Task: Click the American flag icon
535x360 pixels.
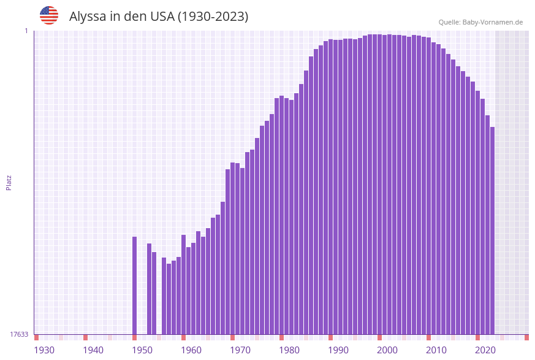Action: coord(49,15)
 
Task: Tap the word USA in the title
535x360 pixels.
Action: coord(162,17)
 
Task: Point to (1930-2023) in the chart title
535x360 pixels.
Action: coord(213,17)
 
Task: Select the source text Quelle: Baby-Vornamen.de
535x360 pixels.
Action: coord(480,22)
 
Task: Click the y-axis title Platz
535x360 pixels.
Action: coord(9,182)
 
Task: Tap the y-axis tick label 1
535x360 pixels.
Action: coord(26,31)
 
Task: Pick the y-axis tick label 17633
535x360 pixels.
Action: coord(20,334)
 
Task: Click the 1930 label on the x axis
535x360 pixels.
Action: coord(44,350)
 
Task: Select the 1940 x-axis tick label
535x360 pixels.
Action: coord(93,350)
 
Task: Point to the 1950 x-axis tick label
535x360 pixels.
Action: coord(142,350)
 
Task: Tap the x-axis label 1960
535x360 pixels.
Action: coord(191,350)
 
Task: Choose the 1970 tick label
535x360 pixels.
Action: coord(240,350)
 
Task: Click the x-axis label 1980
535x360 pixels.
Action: coord(289,350)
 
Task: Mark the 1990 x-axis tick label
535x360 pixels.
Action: coord(338,350)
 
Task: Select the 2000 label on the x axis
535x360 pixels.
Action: coord(387,350)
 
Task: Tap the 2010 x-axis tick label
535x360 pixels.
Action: coord(436,350)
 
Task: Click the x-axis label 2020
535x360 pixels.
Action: coord(485,350)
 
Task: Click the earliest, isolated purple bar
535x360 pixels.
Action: coord(135,285)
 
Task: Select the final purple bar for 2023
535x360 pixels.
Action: coord(492,230)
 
